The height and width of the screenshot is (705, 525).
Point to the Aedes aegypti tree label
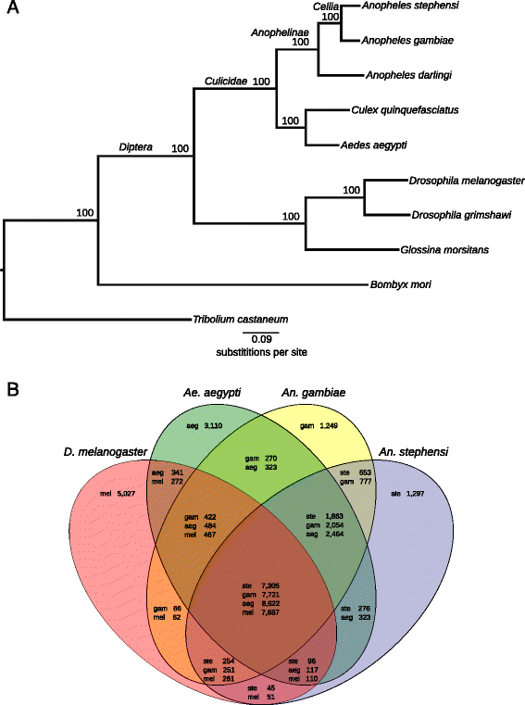pos(376,145)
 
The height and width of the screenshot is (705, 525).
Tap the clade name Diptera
pos(136,146)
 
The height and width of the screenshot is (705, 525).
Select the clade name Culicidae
pos(227,82)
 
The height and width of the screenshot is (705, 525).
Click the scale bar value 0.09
pos(255,339)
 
